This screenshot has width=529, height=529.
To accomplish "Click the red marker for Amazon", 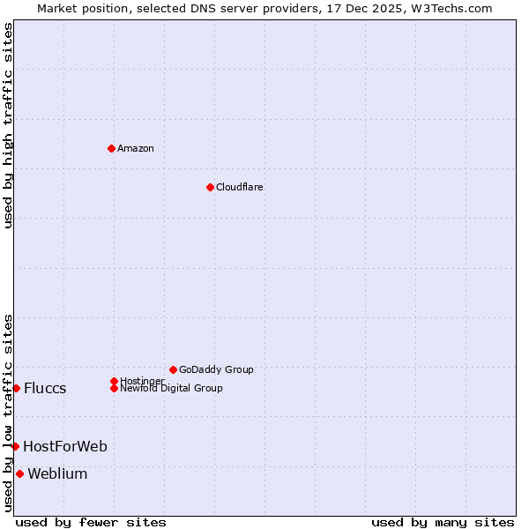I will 111,148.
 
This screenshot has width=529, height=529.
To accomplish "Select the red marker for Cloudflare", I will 210,187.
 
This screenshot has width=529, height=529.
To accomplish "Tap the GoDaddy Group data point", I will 173,369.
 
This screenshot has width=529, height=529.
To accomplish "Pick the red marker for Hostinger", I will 114,381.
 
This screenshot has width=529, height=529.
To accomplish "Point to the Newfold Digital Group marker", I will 114,388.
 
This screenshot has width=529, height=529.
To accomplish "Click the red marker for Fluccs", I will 16,388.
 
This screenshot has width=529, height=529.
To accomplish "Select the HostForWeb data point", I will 15,446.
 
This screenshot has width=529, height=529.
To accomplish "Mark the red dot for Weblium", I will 19,473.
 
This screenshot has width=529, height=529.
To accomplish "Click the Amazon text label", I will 136,148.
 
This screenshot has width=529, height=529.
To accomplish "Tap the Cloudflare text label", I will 240,187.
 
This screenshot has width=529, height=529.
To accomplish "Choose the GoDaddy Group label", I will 216,369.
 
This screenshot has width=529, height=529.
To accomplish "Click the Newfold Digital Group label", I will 171,388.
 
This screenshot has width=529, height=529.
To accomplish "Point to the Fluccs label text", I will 45,389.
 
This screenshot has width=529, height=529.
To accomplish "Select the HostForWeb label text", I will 65,447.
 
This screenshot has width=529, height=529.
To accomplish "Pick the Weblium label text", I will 57,474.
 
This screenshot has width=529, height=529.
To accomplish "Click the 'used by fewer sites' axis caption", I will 91,522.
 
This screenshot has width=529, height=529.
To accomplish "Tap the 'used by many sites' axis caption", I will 443,522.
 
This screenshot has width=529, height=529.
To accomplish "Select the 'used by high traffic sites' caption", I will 8,125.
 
